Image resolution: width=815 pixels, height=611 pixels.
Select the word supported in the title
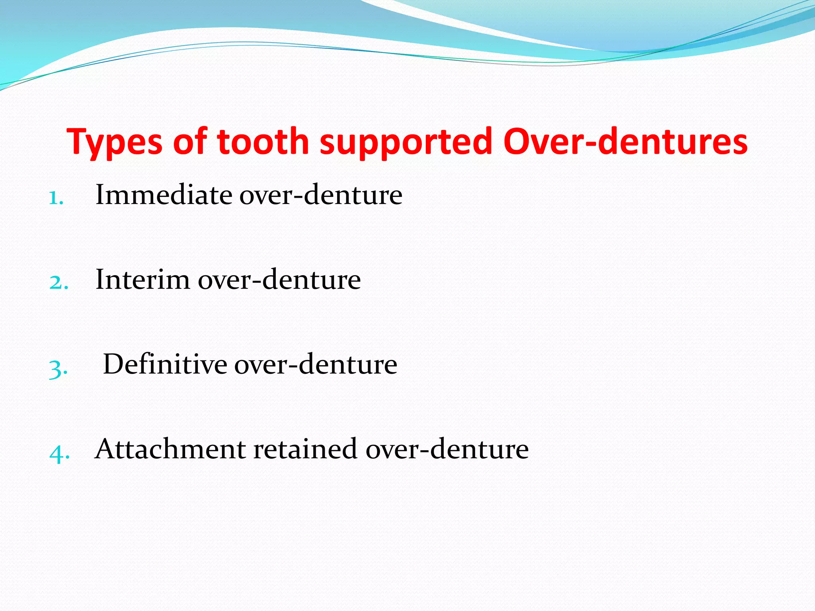coord(406,142)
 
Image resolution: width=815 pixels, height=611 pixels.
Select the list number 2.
coord(58,282)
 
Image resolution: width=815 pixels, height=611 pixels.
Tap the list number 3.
coord(58,368)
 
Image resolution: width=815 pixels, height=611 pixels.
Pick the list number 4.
coord(59,453)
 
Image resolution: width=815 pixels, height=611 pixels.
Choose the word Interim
coord(143,280)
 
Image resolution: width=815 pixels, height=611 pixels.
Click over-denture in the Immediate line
coord(321,195)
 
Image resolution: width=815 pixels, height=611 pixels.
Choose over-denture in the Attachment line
coord(447,449)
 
